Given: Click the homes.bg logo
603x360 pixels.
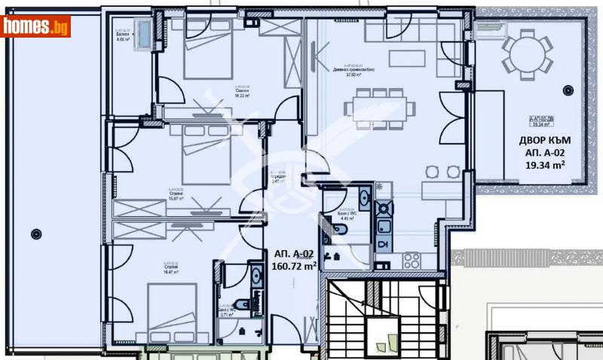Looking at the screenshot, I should tap(35, 26).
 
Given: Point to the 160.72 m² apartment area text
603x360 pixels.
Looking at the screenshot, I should tap(295, 266).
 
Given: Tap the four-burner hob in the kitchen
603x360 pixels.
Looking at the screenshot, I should tap(412, 261).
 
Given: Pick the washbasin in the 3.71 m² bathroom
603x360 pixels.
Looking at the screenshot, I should tap(256, 277).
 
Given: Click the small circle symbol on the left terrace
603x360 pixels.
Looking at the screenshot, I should tap(35, 233).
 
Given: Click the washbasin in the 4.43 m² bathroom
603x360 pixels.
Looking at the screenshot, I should tap(364, 200).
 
